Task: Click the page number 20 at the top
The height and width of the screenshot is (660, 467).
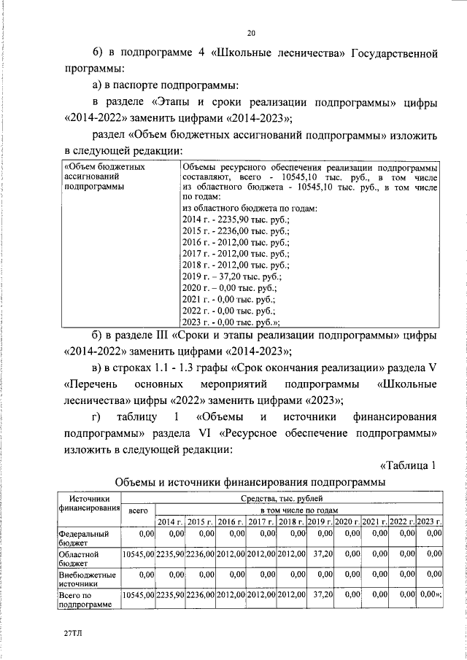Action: coord(251,34)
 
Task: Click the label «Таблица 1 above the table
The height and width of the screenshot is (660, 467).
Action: coord(408,466)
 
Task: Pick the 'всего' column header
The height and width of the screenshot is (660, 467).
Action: coord(138,512)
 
